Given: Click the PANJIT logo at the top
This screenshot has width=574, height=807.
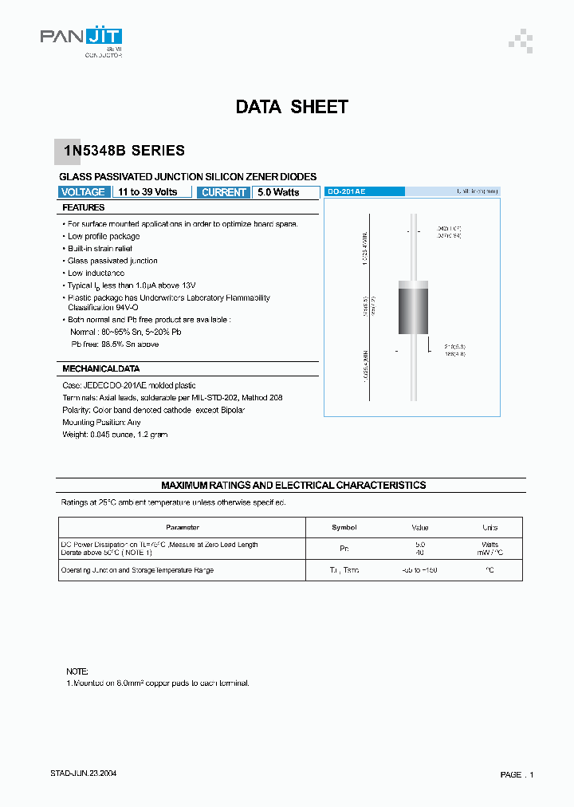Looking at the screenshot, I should pos(81,38).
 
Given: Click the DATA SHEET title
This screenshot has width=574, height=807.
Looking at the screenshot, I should pos(292,107).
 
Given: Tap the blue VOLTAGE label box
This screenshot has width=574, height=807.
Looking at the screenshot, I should pos(83,192).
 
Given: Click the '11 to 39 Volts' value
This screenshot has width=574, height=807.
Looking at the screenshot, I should pos(147,192).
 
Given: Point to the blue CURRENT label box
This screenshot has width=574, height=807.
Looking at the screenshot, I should pos(224,192).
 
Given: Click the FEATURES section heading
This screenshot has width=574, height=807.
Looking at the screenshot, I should pos(84,207).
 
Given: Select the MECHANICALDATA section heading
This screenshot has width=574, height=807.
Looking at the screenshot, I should pos(100,369).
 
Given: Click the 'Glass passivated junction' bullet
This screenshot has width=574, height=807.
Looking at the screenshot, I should pos(112,261).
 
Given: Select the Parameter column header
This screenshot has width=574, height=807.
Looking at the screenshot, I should pos(182,527).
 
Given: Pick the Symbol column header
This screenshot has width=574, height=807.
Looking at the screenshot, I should pos(344,527).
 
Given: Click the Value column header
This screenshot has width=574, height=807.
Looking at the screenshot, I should pos(419,527).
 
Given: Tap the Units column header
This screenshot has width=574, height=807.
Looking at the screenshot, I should pos(489,527).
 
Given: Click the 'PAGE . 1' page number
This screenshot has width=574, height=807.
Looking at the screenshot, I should pos(517,774).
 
